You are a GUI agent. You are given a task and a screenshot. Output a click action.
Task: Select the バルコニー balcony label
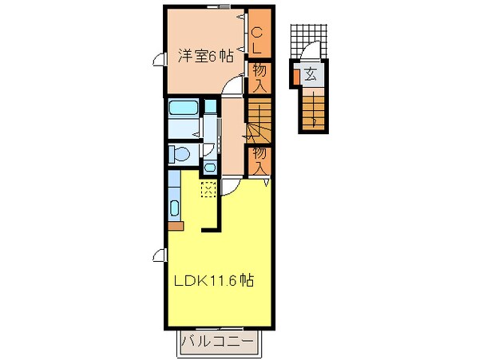point(216,344)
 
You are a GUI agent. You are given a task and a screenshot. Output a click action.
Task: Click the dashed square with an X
point(208,189)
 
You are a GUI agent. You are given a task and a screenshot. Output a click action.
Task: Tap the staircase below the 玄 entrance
point(314,110)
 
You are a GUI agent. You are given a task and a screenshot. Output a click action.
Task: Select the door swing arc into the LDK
point(229,186)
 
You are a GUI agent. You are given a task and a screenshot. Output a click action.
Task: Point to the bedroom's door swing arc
point(230,87)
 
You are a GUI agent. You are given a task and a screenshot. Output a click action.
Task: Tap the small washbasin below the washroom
point(209,167)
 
